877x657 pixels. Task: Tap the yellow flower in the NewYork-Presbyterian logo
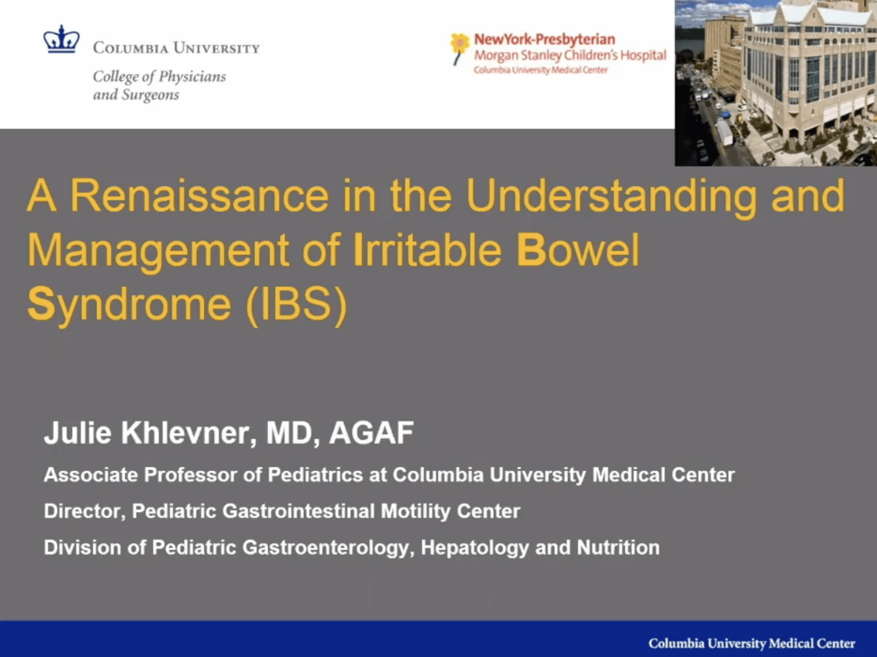[460, 44]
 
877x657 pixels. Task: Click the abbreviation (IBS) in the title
[296, 304]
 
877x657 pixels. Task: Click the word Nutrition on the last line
[618, 547]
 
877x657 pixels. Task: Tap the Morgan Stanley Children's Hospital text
[570, 55]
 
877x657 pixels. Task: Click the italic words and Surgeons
[136, 95]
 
